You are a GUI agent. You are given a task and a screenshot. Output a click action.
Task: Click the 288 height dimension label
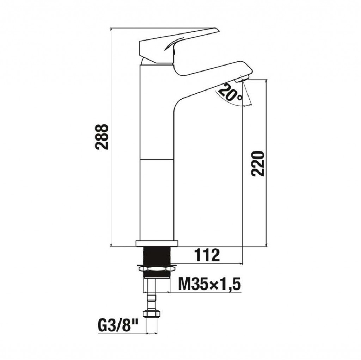pos(102,137)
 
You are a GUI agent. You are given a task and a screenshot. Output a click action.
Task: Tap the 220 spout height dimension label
pos(258,163)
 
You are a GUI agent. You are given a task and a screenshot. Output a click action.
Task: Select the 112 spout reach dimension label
pos(207,255)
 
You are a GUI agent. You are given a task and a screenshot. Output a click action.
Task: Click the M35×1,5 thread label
pos(209,284)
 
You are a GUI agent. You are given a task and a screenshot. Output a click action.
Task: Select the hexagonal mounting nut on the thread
pos(157,268)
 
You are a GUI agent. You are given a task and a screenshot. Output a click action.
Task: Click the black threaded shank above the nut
pos(157,256)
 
